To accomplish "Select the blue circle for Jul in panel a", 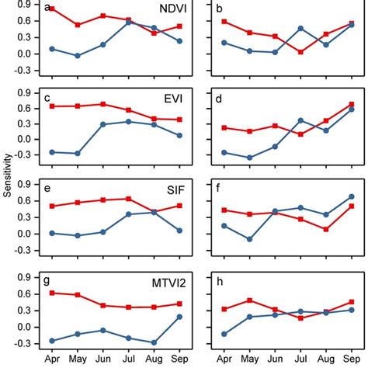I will [x=129, y=23].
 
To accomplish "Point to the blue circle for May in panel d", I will [x=249, y=158].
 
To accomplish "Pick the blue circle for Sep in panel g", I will [x=180, y=317].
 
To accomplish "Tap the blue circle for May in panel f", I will [x=249, y=239].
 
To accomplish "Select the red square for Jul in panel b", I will [x=300, y=52].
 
